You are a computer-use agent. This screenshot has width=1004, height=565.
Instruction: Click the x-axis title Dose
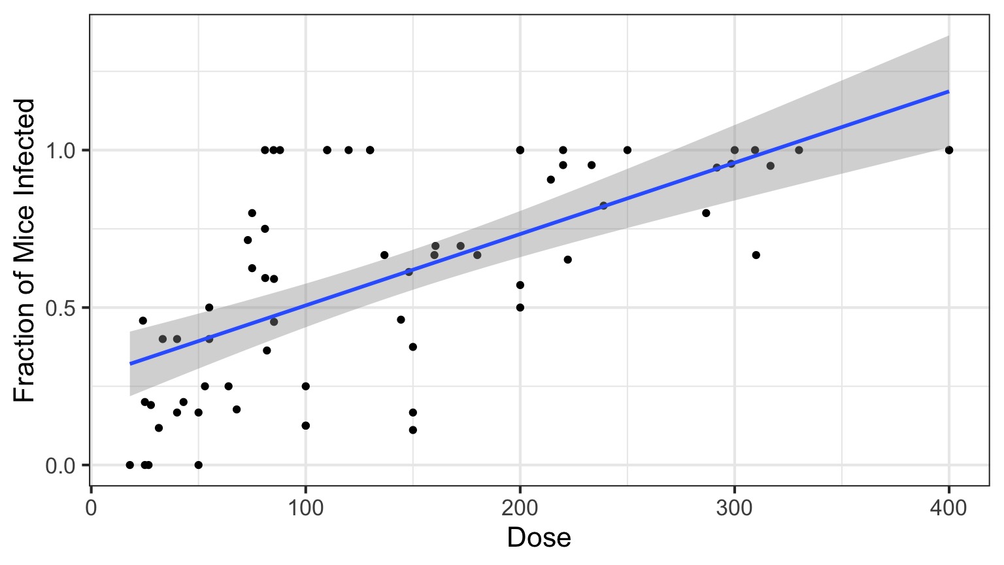coord(539,538)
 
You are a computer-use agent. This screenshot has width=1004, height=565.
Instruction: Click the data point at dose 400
coord(949,150)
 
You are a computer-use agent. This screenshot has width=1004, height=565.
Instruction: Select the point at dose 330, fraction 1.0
coord(799,150)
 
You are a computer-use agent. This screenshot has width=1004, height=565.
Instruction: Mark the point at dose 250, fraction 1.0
coord(627,150)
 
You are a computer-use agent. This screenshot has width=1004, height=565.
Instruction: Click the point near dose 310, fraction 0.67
coord(756,255)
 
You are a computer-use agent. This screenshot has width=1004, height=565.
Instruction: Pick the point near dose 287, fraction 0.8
coord(706,213)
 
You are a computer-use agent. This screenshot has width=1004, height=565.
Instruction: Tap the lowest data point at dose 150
coord(412,430)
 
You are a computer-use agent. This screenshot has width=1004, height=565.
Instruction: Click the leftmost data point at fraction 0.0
coord(129,465)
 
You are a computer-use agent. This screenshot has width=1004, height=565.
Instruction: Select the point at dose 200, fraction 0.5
coord(520,307)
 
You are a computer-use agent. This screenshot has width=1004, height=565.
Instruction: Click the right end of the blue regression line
coord(948,92)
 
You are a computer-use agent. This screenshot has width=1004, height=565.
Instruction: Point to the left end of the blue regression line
coord(130,364)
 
